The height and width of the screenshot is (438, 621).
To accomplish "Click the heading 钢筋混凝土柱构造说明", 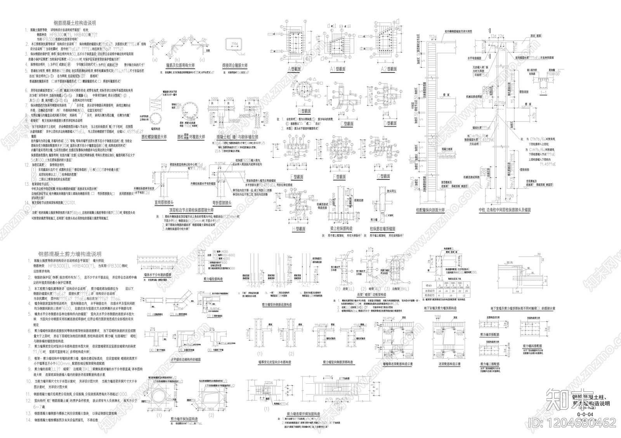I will pos(75,23).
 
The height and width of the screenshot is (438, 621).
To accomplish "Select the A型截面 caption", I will pos(295,69).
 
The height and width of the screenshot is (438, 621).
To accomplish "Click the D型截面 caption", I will pos(390,124).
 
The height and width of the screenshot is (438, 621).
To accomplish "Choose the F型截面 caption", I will pos(339,177).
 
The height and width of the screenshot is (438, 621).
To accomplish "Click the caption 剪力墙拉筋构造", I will pos(213,279).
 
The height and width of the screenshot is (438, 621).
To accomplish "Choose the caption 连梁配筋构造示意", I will pos(449,364).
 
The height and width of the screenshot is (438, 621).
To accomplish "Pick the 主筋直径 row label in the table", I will pos(428,290).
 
